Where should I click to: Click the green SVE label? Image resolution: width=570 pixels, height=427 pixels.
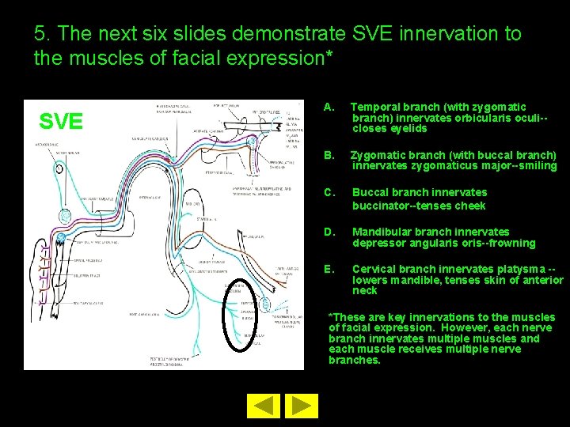61,121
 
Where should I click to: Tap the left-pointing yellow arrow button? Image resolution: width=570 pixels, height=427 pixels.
267,406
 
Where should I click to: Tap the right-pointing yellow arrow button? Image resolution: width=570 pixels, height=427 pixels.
300,406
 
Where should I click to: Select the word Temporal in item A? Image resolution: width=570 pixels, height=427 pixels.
376,107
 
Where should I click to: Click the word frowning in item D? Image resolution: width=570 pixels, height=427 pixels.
511,243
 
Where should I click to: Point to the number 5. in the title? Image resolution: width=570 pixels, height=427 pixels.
43,34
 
